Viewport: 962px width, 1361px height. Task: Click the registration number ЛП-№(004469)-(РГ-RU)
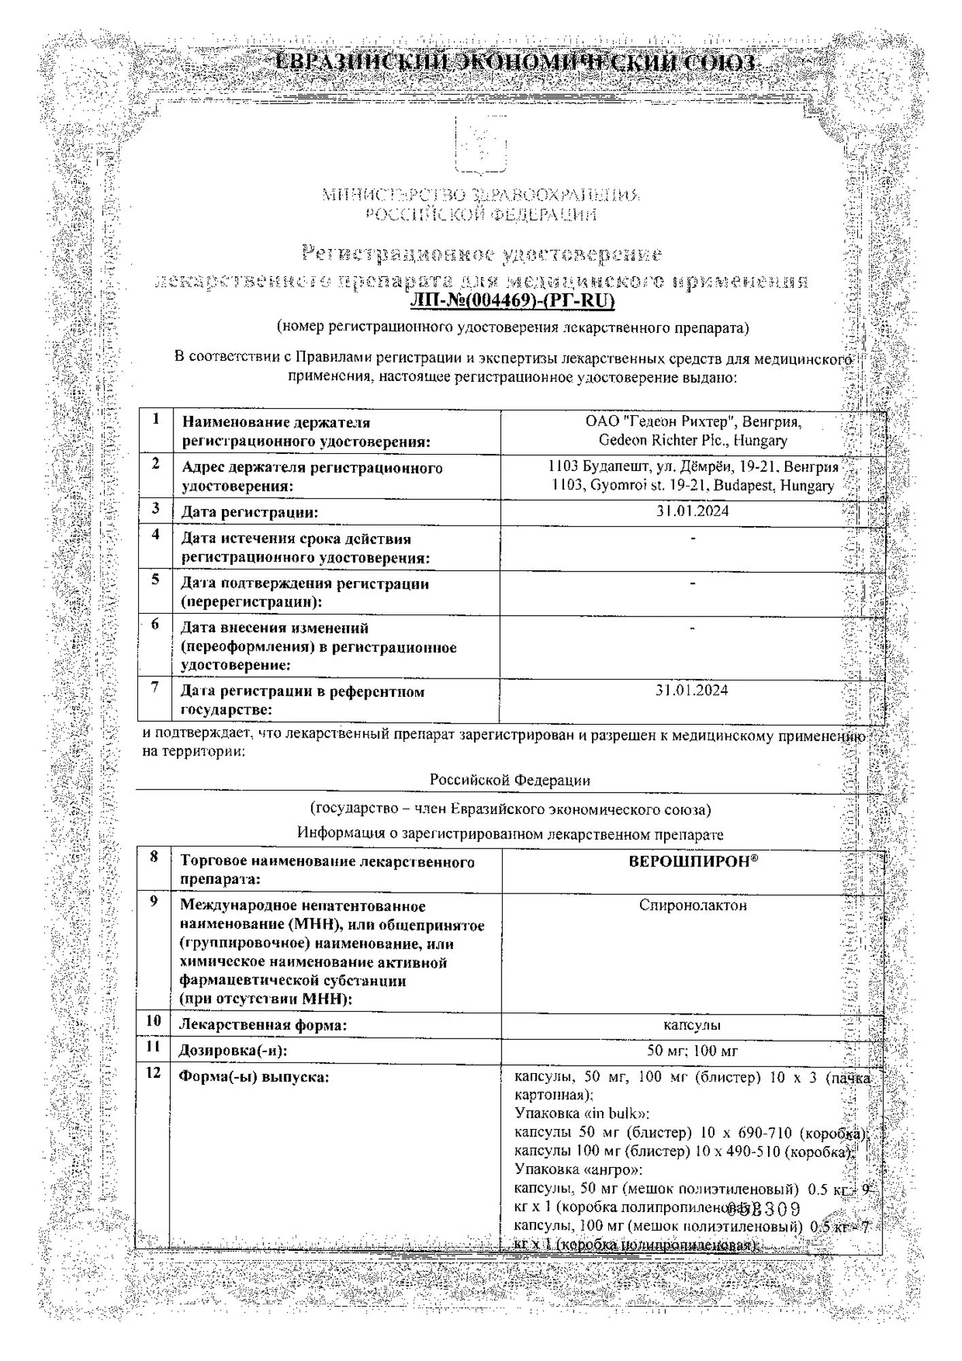[x=512, y=300]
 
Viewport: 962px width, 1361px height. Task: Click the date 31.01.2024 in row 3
[x=692, y=511]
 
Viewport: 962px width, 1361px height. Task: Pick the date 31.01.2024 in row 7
[x=692, y=690]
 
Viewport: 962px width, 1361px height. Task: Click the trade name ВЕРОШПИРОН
[x=692, y=861]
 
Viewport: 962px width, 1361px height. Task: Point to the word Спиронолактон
[x=693, y=905]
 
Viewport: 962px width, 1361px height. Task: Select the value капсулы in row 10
[x=692, y=1024]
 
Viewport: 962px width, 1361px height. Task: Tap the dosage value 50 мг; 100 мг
[x=692, y=1050]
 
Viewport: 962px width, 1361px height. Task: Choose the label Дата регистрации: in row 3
[x=249, y=512]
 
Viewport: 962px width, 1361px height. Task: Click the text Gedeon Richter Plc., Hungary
[x=692, y=440]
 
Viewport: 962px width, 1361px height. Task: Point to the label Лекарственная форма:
[x=263, y=1025]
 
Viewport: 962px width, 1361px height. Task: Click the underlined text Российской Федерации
[x=510, y=780]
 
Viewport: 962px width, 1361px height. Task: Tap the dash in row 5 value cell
[x=692, y=583]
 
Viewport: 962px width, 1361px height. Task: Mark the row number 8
[x=154, y=857]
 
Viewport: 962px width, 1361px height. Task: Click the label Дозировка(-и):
[x=233, y=1051]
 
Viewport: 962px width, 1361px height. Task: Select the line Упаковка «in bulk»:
[x=582, y=1114]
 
